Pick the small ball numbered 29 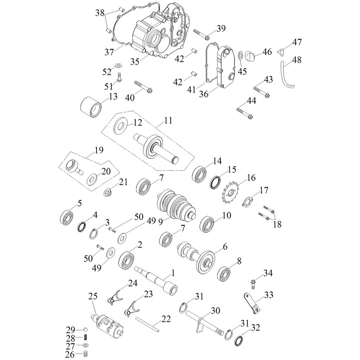(x=85, y=330)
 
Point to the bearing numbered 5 (x=67, y=217)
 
